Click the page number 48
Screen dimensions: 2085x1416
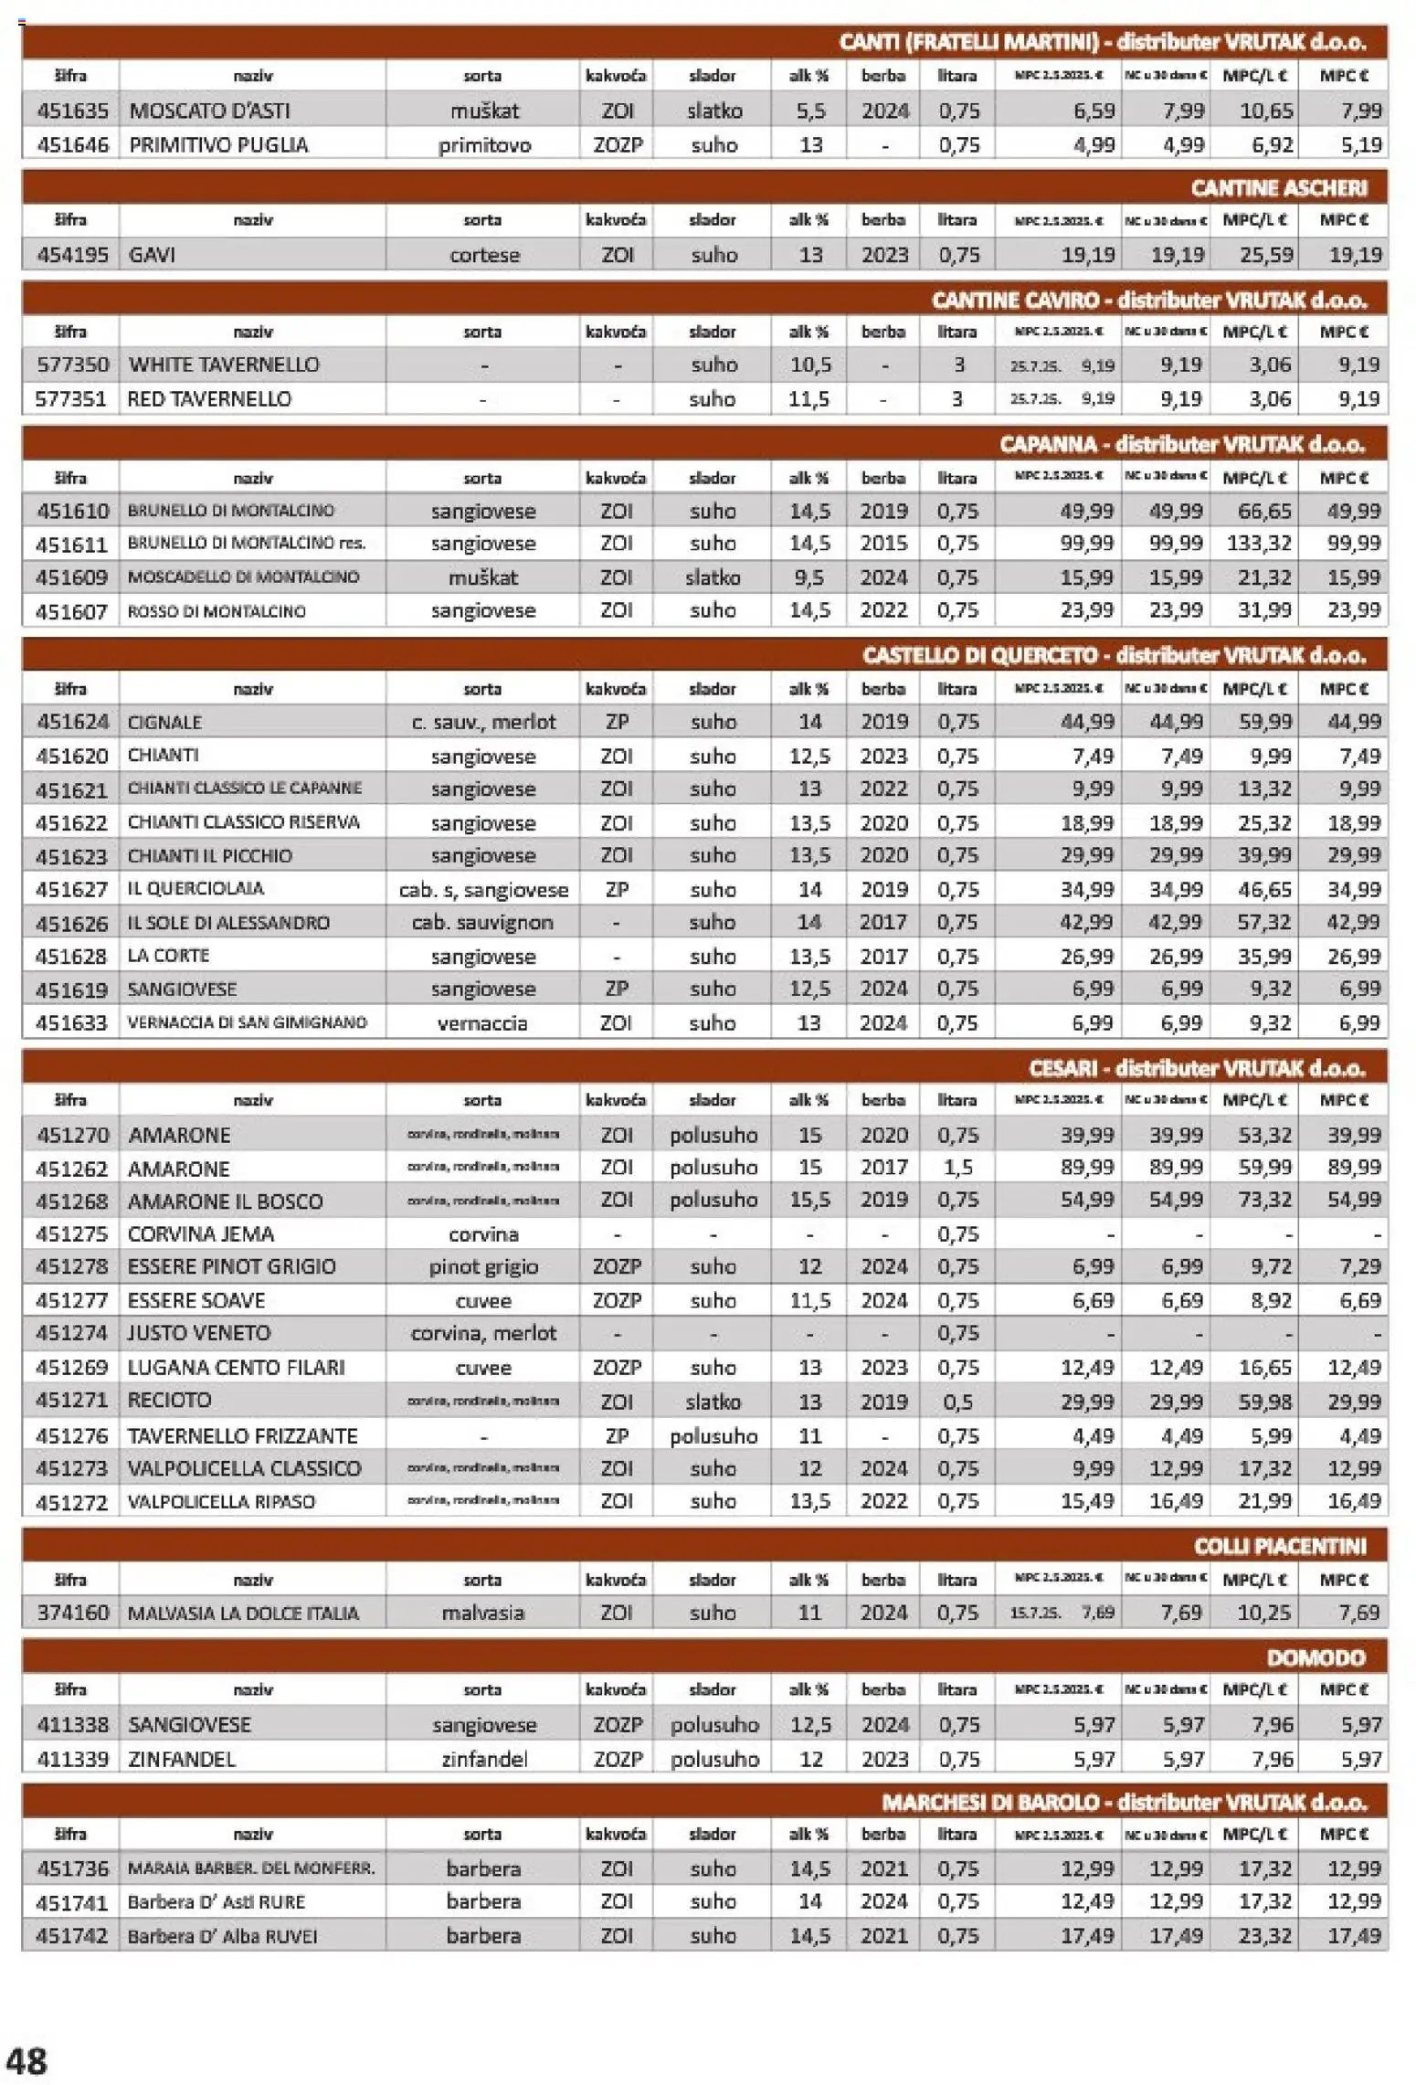coord(26,2060)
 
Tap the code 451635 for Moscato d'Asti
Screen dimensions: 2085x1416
coord(72,111)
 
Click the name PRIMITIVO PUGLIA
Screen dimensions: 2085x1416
coord(218,144)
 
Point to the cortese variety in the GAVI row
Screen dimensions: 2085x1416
coord(483,255)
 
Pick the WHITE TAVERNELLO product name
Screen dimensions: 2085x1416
coord(224,365)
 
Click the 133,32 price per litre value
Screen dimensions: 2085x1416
coord(1258,544)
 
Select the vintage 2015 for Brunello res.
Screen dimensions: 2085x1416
coord(882,544)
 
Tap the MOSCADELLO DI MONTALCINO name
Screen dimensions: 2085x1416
coord(243,577)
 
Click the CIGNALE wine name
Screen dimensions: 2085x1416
coord(164,723)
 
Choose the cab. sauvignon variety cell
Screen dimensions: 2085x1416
coord(482,923)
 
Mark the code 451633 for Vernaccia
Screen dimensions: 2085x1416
coord(71,1023)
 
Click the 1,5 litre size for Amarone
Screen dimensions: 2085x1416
coord(956,1168)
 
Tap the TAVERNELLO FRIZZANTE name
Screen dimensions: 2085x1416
coord(242,1435)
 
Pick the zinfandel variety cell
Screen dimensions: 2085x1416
coord(483,1759)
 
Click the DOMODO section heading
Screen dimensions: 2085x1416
coord(1315,1657)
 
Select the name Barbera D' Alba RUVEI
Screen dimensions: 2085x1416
coord(222,1936)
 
